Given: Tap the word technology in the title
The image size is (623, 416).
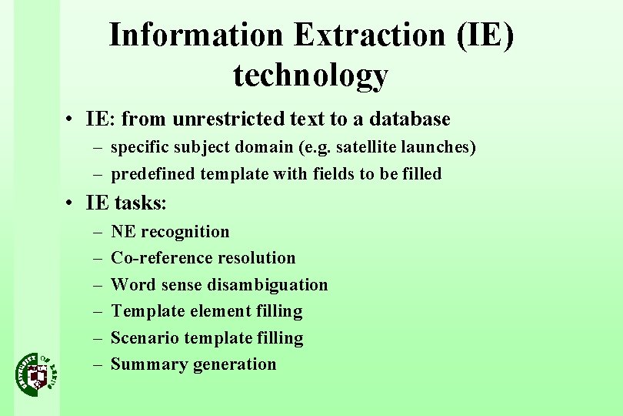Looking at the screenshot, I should point(311,75).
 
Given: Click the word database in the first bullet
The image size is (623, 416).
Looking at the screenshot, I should point(410,119).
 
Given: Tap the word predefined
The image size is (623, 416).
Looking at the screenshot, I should point(153,174).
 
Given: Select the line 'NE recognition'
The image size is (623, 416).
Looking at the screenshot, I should point(170,232).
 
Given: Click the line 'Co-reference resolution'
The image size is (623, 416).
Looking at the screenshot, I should point(203,258).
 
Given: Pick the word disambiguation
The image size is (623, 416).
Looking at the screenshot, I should point(268,285).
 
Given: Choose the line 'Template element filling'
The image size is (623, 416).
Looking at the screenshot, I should point(207,311).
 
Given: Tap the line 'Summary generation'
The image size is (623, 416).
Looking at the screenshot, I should point(193,364).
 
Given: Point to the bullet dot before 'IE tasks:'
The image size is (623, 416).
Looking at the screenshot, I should point(69,203).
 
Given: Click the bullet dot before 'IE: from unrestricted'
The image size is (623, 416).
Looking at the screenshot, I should point(69,119).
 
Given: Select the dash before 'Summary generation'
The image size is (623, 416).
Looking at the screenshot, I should point(98,364).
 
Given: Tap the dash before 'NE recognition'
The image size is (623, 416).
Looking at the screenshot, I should point(98,232).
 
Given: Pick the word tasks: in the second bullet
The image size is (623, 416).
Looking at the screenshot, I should point(141,203).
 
